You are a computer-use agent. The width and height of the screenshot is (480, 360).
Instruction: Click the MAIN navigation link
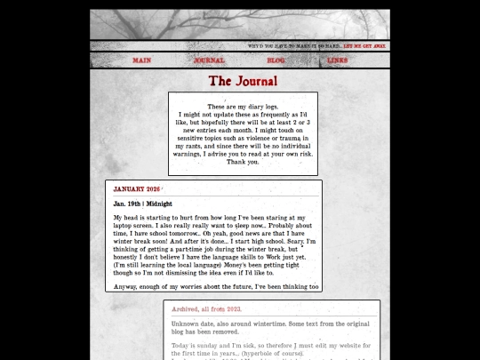(x=141, y=60)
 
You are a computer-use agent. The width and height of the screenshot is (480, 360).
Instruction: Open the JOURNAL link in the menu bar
(x=209, y=60)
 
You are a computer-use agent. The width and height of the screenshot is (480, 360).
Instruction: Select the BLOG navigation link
(x=276, y=60)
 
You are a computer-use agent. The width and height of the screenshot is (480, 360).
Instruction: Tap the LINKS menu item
(x=338, y=60)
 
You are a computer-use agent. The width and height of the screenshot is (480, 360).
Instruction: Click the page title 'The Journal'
(x=243, y=82)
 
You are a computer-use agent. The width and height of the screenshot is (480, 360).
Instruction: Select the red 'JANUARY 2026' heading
(x=137, y=188)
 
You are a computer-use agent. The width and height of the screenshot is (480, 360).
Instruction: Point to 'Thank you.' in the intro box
(x=243, y=162)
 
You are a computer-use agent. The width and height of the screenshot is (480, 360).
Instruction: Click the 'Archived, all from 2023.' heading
(x=206, y=309)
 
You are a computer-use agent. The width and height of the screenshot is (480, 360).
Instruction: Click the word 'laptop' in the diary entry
(x=126, y=225)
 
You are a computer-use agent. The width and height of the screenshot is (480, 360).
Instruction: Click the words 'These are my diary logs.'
(x=243, y=107)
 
